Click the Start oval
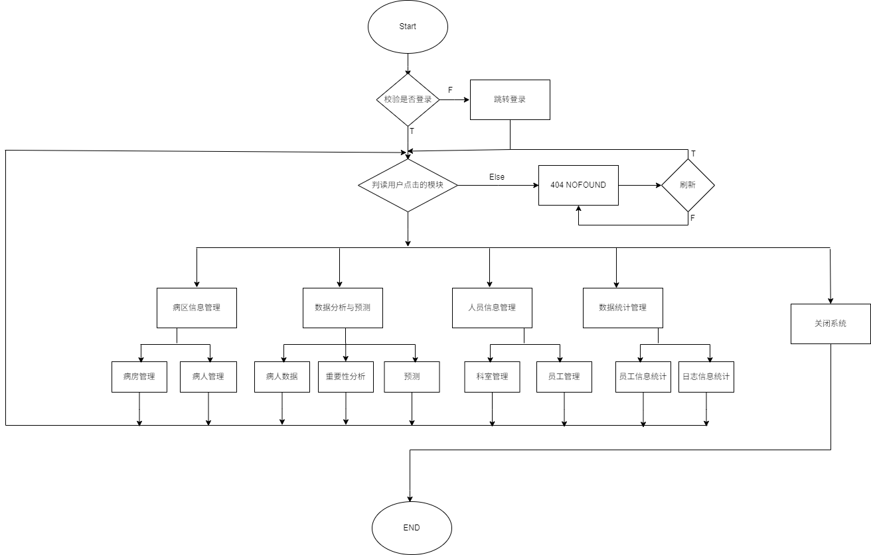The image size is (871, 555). (x=408, y=27)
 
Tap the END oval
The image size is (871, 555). (x=412, y=528)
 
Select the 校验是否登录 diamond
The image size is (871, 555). (x=408, y=99)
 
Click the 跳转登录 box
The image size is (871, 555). (x=510, y=99)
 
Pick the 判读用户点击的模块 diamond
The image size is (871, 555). (x=408, y=185)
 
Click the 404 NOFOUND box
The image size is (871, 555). (x=578, y=185)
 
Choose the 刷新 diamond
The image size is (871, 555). (x=688, y=185)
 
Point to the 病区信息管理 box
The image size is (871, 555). (x=197, y=308)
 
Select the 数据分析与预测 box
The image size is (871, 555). (x=343, y=308)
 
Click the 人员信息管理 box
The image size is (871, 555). (x=492, y=308)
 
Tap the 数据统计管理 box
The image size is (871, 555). (x=623, y=308)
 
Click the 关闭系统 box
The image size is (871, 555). (x=831, y=324)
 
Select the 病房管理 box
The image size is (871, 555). (x=139, y=377)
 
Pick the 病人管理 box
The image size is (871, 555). (x=208, y=377)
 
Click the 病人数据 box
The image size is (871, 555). (x=282, y=377)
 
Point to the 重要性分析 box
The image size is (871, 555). (x=346, y=377)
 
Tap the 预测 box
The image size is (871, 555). (x=412, y=377)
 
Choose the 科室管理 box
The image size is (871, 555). (x=492, y=377)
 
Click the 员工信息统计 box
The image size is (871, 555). (x=643, y=377)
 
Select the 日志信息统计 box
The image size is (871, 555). (x=706, y=377)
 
